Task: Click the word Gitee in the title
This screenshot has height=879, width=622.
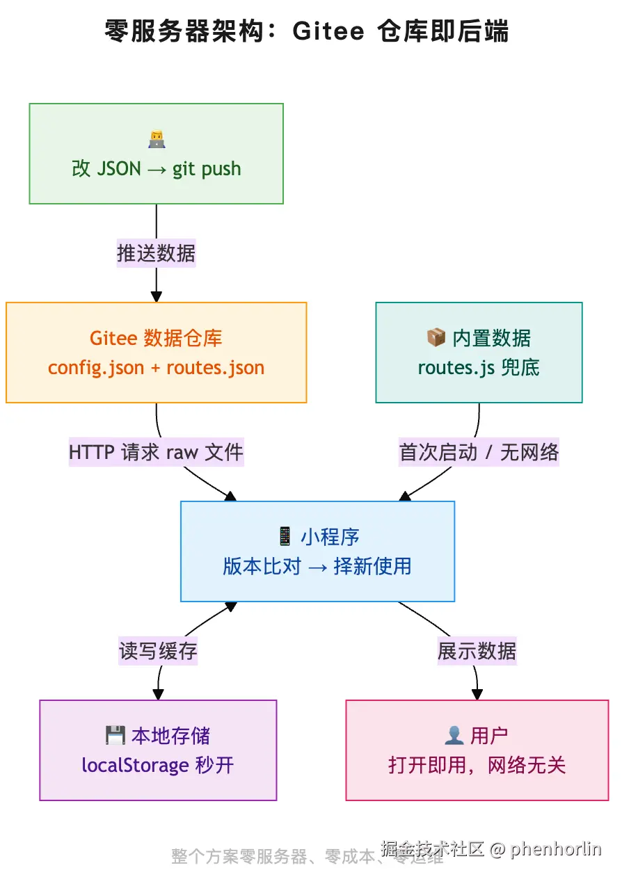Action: (x=328, y=32)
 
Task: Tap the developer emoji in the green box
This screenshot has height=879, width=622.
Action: (x=157, y=140)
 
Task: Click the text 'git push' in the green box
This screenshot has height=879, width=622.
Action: (x=206, y=169)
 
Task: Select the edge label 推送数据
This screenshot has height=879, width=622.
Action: (x=156, y=253)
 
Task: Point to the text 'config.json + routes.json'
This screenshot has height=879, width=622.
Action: (x=156, y=368)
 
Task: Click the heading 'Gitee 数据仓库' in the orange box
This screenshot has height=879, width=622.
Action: (x=156, y=339)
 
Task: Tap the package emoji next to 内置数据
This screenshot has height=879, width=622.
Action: (x=436, y=339)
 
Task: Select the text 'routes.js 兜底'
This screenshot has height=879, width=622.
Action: (x=479, y=368)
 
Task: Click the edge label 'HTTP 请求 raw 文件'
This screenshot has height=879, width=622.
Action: (x=156, y=453)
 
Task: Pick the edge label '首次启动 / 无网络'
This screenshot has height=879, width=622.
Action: (x=479, y=453)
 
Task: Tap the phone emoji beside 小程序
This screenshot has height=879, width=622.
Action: (x=285, y=537)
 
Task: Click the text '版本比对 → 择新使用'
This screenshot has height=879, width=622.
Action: (x=317, y=566)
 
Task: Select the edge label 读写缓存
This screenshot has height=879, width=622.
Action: (x=158, y=651)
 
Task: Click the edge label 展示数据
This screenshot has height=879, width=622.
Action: (x=477, y=651)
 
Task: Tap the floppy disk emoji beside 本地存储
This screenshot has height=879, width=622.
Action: (x=115, y=736)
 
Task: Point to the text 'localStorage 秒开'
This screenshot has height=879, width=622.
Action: (x=158, y=766)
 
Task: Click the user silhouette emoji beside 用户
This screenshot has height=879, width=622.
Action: (x=454, y=736)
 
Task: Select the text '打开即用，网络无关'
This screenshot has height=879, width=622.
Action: (x=477, y=766)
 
